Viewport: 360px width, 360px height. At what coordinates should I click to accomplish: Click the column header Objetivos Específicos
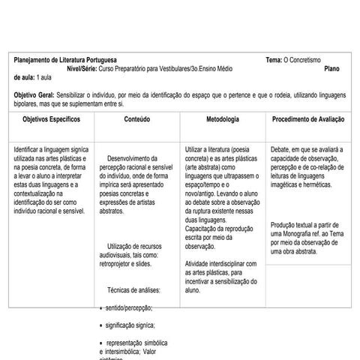[x=51, y=119]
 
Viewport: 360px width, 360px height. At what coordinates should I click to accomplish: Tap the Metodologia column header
[x=223, y=119]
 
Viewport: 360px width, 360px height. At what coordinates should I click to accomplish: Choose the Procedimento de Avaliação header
[x=308, y=119]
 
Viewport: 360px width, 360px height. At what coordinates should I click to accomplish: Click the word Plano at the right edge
[x=332, y=68]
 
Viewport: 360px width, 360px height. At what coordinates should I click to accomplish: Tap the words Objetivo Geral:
[x=34, y=95]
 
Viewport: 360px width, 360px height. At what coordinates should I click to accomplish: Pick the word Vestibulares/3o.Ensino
[x=196, y=68]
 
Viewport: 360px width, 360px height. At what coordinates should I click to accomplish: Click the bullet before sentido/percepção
[x=102, y=308]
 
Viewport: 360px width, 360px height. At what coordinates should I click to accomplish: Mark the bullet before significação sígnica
[x=102, y=325]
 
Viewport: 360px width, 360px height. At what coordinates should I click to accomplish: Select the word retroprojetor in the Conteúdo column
[x=118, y=264]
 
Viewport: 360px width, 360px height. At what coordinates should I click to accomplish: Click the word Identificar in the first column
[x=28, y=149]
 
